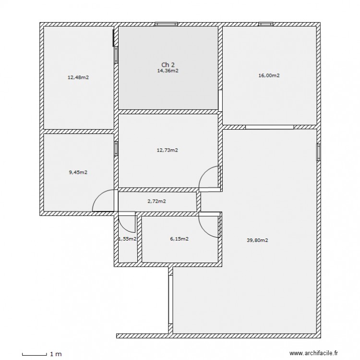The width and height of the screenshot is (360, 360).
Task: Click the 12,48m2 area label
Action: pyautogui.click(x=78, y=77)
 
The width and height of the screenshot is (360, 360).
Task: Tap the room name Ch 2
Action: pyautogui.click(x=168, y=65)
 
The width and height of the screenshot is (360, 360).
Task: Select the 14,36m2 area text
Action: pyautogui.click(x=168, y=71)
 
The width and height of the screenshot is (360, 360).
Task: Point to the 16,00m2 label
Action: pyautogui.click(x=269, y=75)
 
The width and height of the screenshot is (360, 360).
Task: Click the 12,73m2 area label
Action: pyautogui.click(x=168, y=150)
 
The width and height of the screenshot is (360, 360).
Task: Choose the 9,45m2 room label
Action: pyautogui.click(x=78, y=172)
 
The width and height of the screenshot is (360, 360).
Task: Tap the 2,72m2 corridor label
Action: pyautogui.click(x=157, y=201)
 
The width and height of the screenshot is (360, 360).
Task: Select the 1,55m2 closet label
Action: pyautogui.click(x=127, y=239)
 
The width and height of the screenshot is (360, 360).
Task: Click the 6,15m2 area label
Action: pyautogui.click(x=178, y=239)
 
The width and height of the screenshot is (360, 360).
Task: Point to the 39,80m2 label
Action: pyautogui.click(x=257, y=241)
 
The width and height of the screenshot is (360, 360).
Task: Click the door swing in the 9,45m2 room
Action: pyautogui.click(x=103, y=201)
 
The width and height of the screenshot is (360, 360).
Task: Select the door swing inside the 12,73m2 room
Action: pyautogui.click(x=209, y=178)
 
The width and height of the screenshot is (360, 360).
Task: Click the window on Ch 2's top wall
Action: pyautogui.click(x=166, y=24)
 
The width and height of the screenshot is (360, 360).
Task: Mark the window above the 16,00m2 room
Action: pyautogui.click(x=265, y=24)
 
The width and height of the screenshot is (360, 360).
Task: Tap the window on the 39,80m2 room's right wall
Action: pyautogui.click(x=318, y=153)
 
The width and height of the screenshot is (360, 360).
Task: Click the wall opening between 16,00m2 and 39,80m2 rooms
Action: pyautogui.click(x=269, y=127)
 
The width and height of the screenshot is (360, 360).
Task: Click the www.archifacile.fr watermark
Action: pyautogui.click(x=311, y=354)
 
